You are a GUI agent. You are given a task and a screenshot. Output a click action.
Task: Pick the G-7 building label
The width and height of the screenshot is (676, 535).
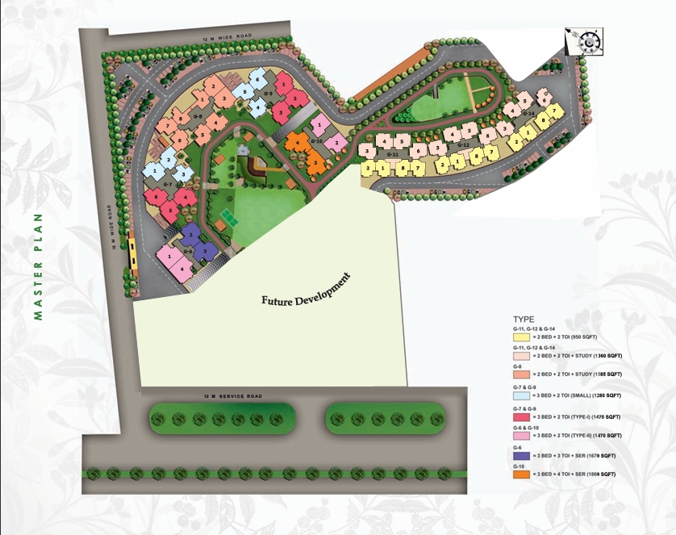(168, 185)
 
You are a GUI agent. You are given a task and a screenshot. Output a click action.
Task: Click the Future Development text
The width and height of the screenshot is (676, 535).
(307, 291)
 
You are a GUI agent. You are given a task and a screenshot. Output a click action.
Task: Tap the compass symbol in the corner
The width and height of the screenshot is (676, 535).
(584, 40)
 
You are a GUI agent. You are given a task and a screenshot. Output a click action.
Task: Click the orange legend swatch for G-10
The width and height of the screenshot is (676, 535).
(520, 474)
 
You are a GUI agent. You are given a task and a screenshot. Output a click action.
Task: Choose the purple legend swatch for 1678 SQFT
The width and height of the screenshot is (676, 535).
(520, 454)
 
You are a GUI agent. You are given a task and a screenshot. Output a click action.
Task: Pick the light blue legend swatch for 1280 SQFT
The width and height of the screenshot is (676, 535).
(520, 395)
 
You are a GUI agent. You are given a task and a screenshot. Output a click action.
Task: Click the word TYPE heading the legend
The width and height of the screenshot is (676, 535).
(524, 320)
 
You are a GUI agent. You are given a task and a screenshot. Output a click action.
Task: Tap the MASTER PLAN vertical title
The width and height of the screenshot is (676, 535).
(37, 266)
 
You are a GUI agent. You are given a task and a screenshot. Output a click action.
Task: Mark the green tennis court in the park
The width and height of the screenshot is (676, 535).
(227, 219)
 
